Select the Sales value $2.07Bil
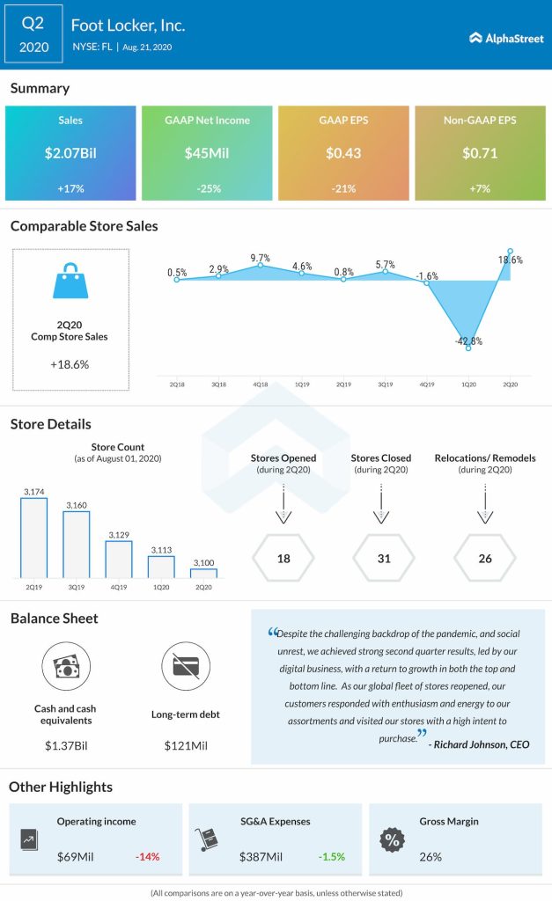(70, 153)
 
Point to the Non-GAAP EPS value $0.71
(480, 153)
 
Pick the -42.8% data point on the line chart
(468, 348)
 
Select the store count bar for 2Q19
(34, 538)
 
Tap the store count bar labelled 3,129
(119, 559)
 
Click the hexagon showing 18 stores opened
(283, 558)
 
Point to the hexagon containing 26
(484, 558)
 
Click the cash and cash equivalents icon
(68, 666)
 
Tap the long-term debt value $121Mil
(186, 746)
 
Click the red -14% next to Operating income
(147, 856)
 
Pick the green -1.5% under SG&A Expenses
(332, 856)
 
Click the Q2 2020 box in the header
(32, 33)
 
